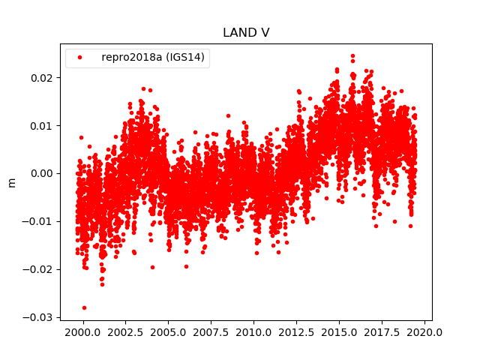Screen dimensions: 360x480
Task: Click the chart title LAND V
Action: [x=246, y=32]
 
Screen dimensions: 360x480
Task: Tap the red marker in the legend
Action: [x=79, y=58]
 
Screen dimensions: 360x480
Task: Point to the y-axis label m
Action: [x=11, y=182]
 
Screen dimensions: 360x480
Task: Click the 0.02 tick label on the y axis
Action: [x=42, y=77]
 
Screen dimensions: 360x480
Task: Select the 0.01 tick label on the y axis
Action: [x=42, y=125]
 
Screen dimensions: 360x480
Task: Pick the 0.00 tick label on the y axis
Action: [x=42, y=173]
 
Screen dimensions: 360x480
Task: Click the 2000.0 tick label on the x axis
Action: [x=82, y=332]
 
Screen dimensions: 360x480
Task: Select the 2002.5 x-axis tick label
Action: [x=125, y=332]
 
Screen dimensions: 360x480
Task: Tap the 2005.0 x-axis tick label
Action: [x=168, y=332]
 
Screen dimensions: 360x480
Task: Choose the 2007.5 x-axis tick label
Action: [x=211, y=332]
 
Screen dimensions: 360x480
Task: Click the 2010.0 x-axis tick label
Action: [x=253, y=332]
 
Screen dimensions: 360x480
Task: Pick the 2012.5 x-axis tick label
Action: [x=297, y=332]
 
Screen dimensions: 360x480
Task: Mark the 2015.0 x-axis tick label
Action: [x=340, y=332]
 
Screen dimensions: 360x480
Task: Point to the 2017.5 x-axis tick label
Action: [x=382, y=332]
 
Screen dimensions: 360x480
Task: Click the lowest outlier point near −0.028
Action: [x=84, y=307]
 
